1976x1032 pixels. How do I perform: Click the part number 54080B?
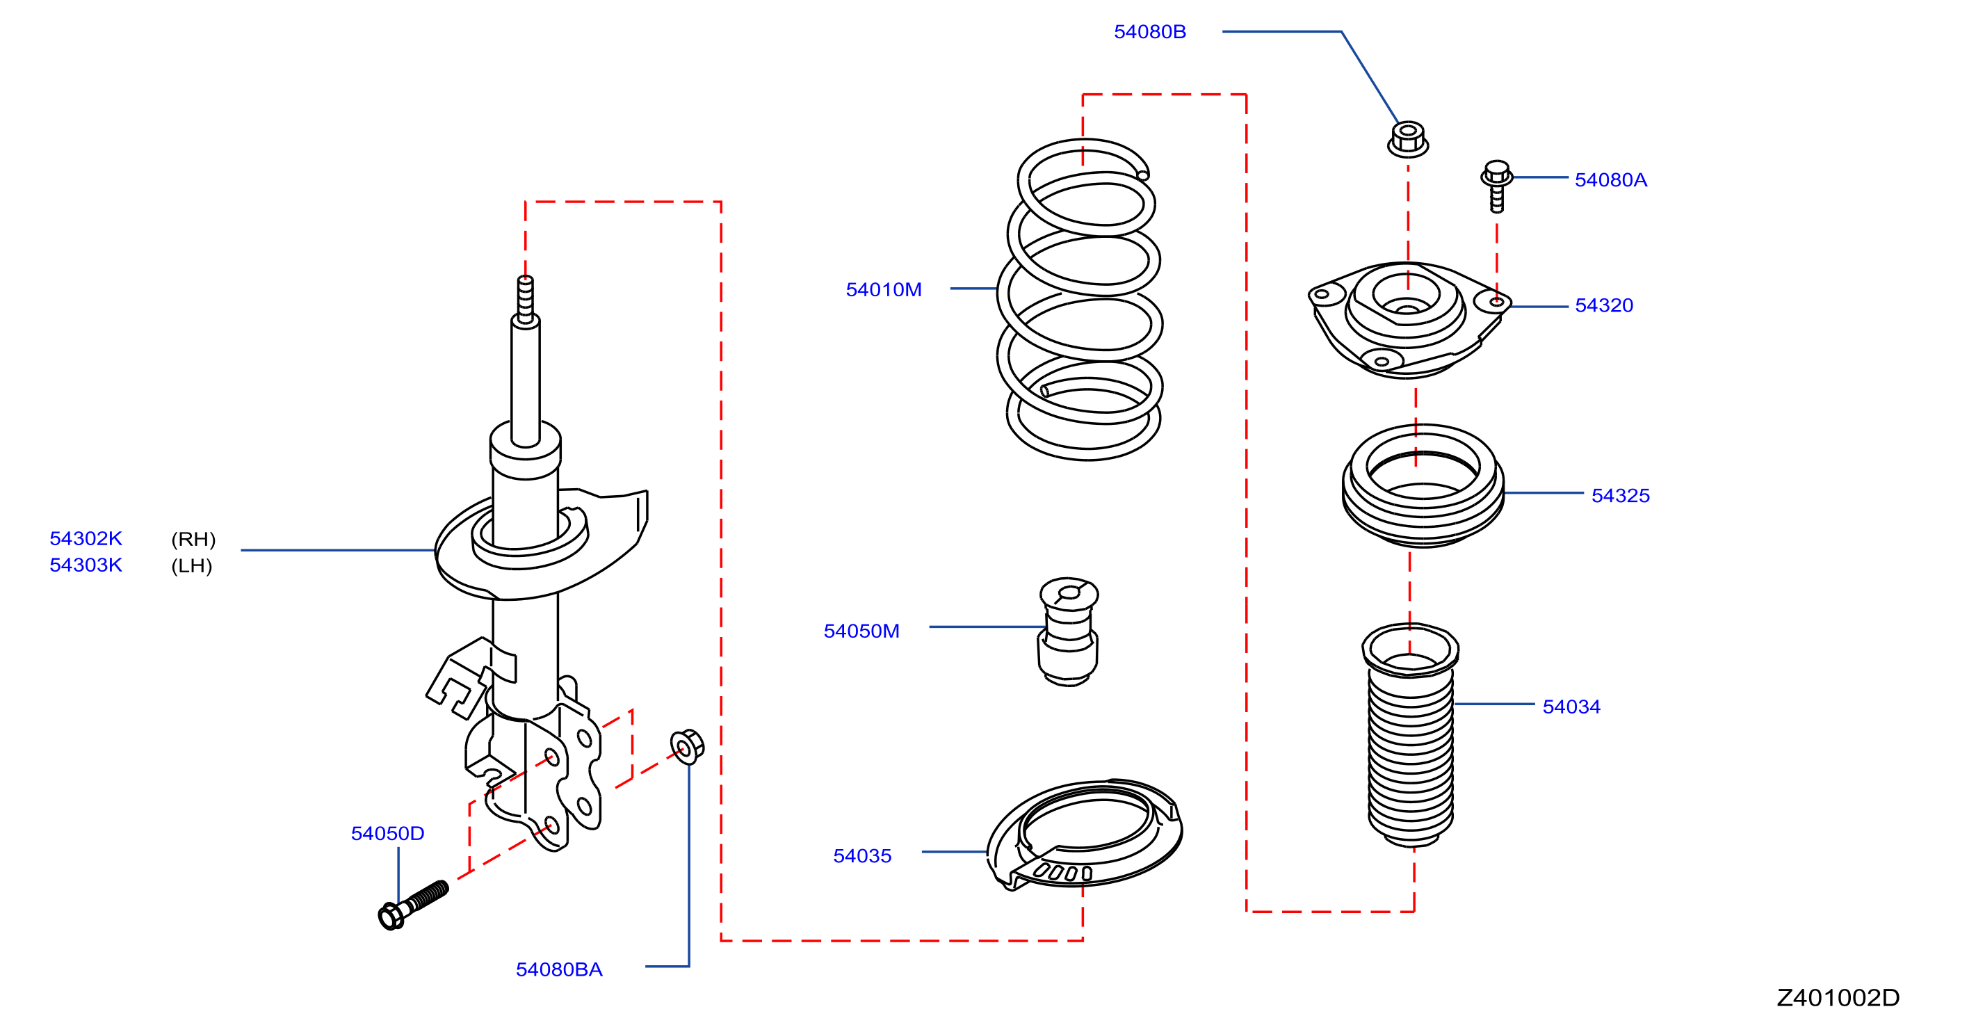click(1149, 32)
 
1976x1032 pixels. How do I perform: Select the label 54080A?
click(1610, 180)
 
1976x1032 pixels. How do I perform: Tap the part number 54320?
click(1603, 305)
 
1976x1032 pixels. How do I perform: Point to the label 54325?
click(1620, 496)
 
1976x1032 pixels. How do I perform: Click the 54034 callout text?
click(1571, 707)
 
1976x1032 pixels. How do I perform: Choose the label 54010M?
click(883, 290)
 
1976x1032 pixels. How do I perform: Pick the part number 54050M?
click(861, 631)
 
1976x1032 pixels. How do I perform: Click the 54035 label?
click(861, 856)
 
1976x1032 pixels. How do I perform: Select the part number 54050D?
click(387, 834)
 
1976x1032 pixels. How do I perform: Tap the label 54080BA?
click(558, 970)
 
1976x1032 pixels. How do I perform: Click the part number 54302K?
click(86, 539)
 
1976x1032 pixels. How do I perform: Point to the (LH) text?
click(192, 566)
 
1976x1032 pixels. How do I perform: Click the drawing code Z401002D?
click(1838, 998)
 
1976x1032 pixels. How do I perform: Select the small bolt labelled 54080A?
click(1496, 185)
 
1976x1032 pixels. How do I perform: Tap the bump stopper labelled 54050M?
click(1068, 631)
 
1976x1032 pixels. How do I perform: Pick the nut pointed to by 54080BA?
click(686, 745)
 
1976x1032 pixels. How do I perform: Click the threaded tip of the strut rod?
click(526, 299)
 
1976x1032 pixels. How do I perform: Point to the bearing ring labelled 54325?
click(1423, 485)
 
